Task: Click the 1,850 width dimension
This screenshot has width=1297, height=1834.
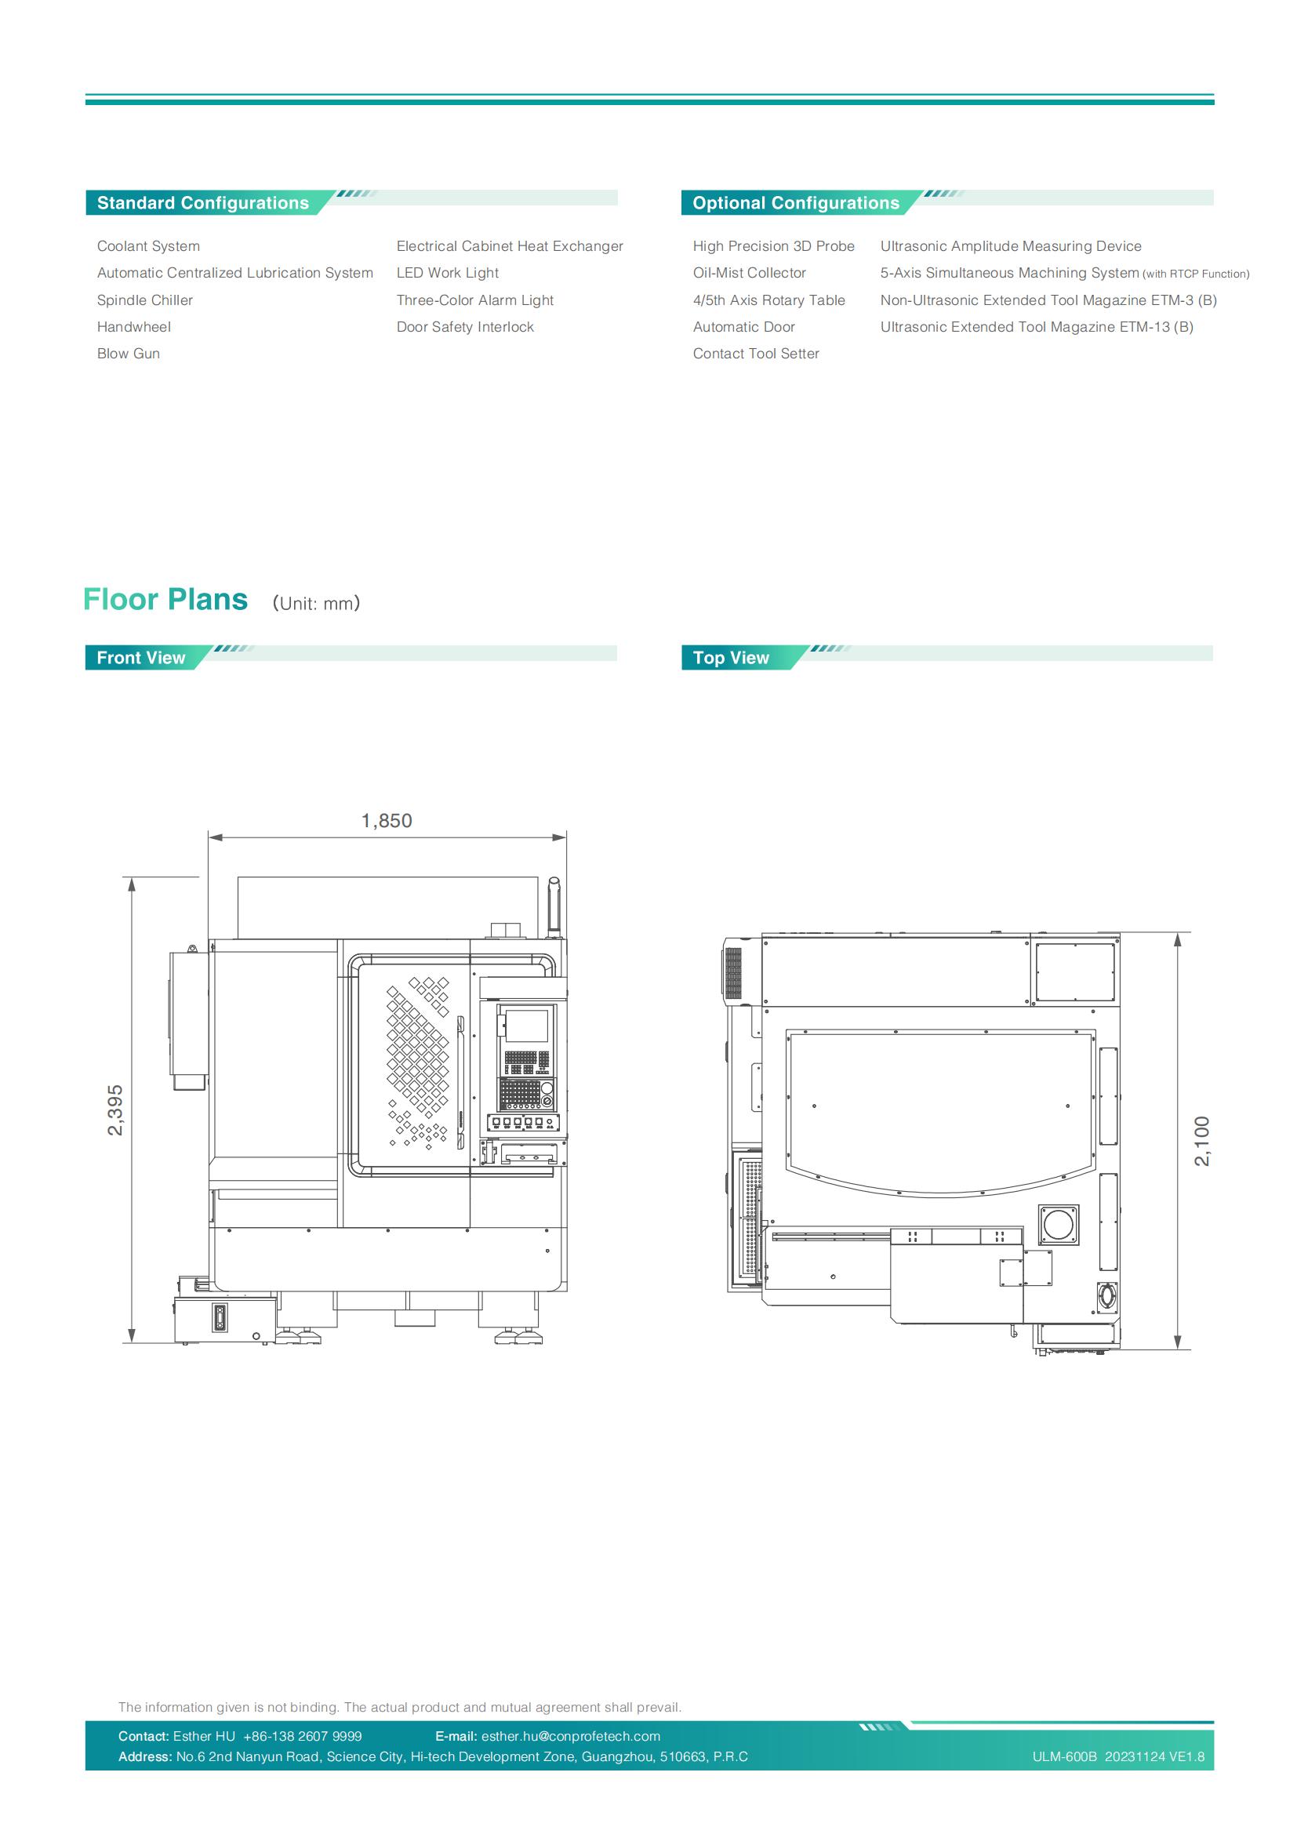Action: [x=387, y=820]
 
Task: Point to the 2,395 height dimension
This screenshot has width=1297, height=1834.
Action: [x=116, y=1109]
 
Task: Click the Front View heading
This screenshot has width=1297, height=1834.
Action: [x=140, y=657]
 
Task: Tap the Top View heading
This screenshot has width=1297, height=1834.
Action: [x=731, y=657]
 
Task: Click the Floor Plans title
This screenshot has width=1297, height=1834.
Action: [x=165, y=599]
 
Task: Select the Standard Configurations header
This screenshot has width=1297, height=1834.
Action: [x=203, y=203]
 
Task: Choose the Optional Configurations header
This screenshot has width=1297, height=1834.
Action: [x=795, y=203]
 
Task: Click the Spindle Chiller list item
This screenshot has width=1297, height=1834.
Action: [x=144, y=300]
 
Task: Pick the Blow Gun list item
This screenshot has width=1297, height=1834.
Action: [x=128, y=354]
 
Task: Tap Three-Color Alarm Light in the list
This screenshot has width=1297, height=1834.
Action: [x=474, y=300]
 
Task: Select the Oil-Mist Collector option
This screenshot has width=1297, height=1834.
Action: [x=749, y=273]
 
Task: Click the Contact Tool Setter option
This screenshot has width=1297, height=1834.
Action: [x=755, y=354]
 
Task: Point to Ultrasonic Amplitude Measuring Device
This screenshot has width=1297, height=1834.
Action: [x=1010, y=246]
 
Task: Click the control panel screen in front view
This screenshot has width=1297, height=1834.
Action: [x=528, y=1026]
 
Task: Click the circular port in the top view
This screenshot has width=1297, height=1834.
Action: [x=1058, y=1226]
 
